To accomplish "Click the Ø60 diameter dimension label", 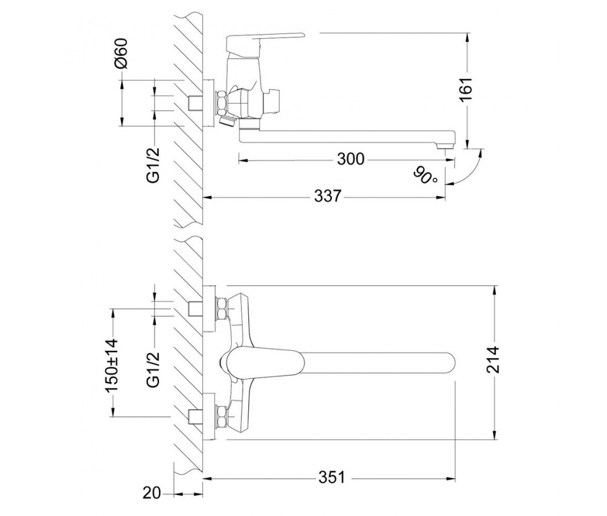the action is coord(121,53).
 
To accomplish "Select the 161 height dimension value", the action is coord(466,89).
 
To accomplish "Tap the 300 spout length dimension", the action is coord(350,158).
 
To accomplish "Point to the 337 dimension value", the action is coord(328,196).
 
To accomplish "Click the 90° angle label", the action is coord(425,175).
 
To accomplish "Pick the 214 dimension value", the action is coord(493,359).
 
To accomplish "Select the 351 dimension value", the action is coord(332,477).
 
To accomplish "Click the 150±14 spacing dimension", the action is coord(113,365).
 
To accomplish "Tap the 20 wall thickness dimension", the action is coord(151,493).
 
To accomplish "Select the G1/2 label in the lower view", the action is coord(154,369).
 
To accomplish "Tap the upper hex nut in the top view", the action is coord(222,308).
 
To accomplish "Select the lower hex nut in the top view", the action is coord(222,416).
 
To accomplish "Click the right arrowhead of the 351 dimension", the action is coord(450,479).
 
